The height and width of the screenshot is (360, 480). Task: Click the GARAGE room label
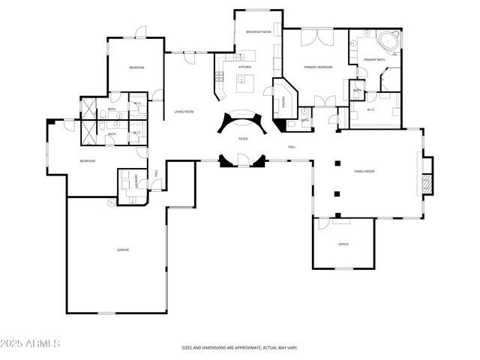(x=122, y=249)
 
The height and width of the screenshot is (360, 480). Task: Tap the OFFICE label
(x=343, y=244)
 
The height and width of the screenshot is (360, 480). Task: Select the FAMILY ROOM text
(x=364, y=172)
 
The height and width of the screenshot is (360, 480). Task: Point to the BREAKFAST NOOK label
(x=258, y=31)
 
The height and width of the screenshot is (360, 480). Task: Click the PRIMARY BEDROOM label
(x=318, y=67)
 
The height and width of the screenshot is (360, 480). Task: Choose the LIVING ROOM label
(x=184, y=112)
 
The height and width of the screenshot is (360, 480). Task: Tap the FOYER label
(x=243, y=139)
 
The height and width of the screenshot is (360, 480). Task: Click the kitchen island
(x=244, y=84)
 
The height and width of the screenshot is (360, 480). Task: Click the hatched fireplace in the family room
(x=427, y=183)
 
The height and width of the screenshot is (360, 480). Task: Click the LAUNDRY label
(x=136, y=181)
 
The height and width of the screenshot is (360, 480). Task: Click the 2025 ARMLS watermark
(x=31, y=343)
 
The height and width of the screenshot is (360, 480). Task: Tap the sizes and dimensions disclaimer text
(x=240, y=348)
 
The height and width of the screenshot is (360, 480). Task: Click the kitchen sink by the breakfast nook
(x=240, y=57)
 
